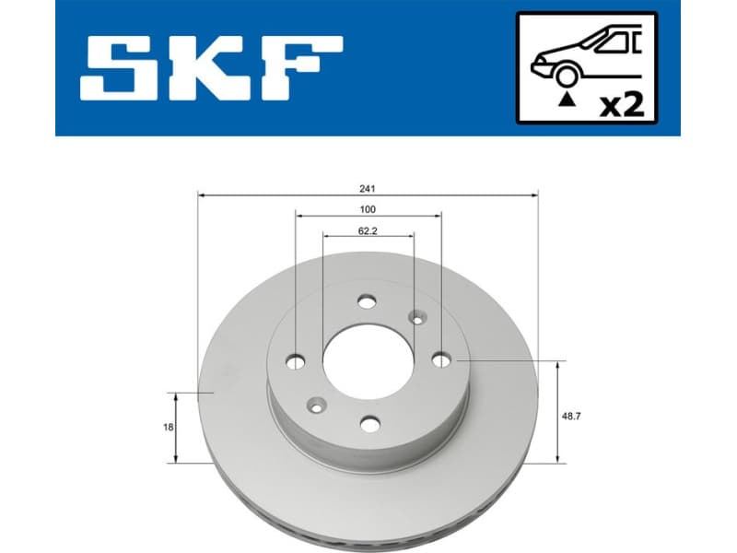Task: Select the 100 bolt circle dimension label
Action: pos(368,209)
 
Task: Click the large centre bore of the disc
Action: pos(367,361)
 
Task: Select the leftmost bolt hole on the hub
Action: pos(297,360)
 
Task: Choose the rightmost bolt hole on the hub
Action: pos(441,359)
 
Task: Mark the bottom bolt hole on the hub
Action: pos(370,423)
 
